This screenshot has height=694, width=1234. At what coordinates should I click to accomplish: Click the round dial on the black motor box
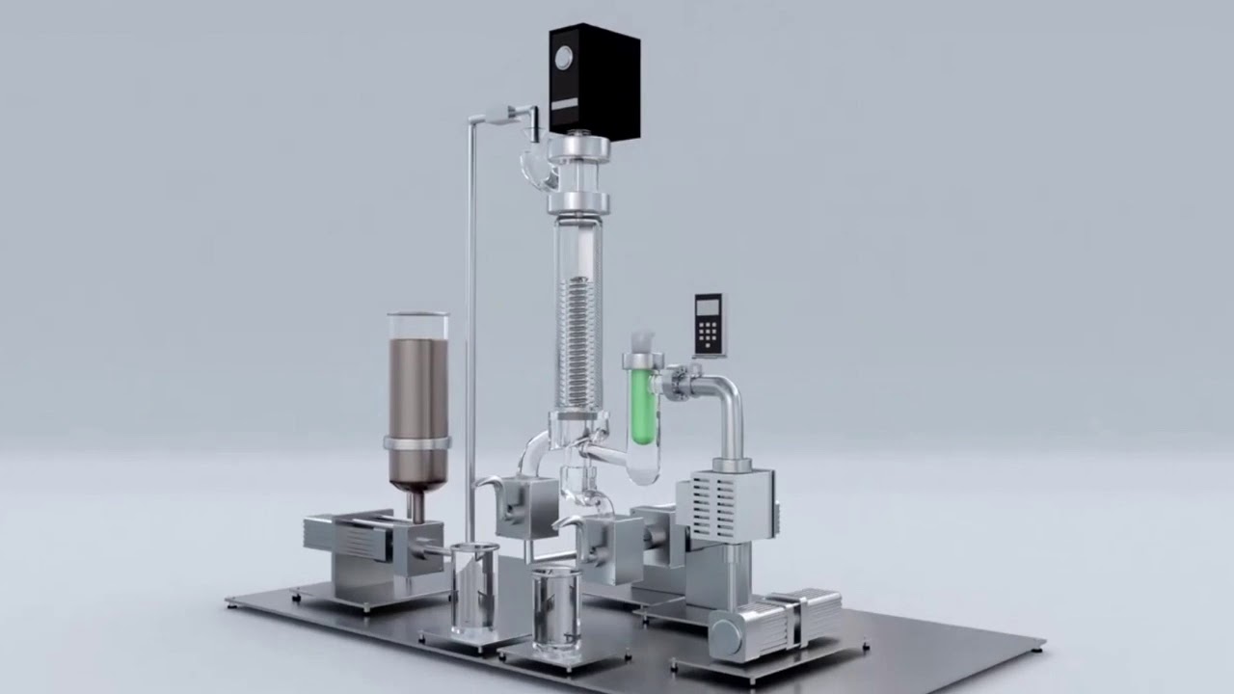[562, 59]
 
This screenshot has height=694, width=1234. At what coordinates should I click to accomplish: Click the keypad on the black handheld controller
[707, 334]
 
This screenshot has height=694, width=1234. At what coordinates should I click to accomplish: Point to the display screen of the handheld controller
[707, 307]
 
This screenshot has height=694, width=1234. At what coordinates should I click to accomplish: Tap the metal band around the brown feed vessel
[416, 442]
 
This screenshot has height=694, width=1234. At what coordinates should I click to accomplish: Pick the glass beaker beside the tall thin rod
[474, 588]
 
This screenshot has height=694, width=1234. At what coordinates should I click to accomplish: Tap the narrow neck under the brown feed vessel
[416, 505]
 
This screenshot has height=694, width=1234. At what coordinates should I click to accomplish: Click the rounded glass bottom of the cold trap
[641, 463]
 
